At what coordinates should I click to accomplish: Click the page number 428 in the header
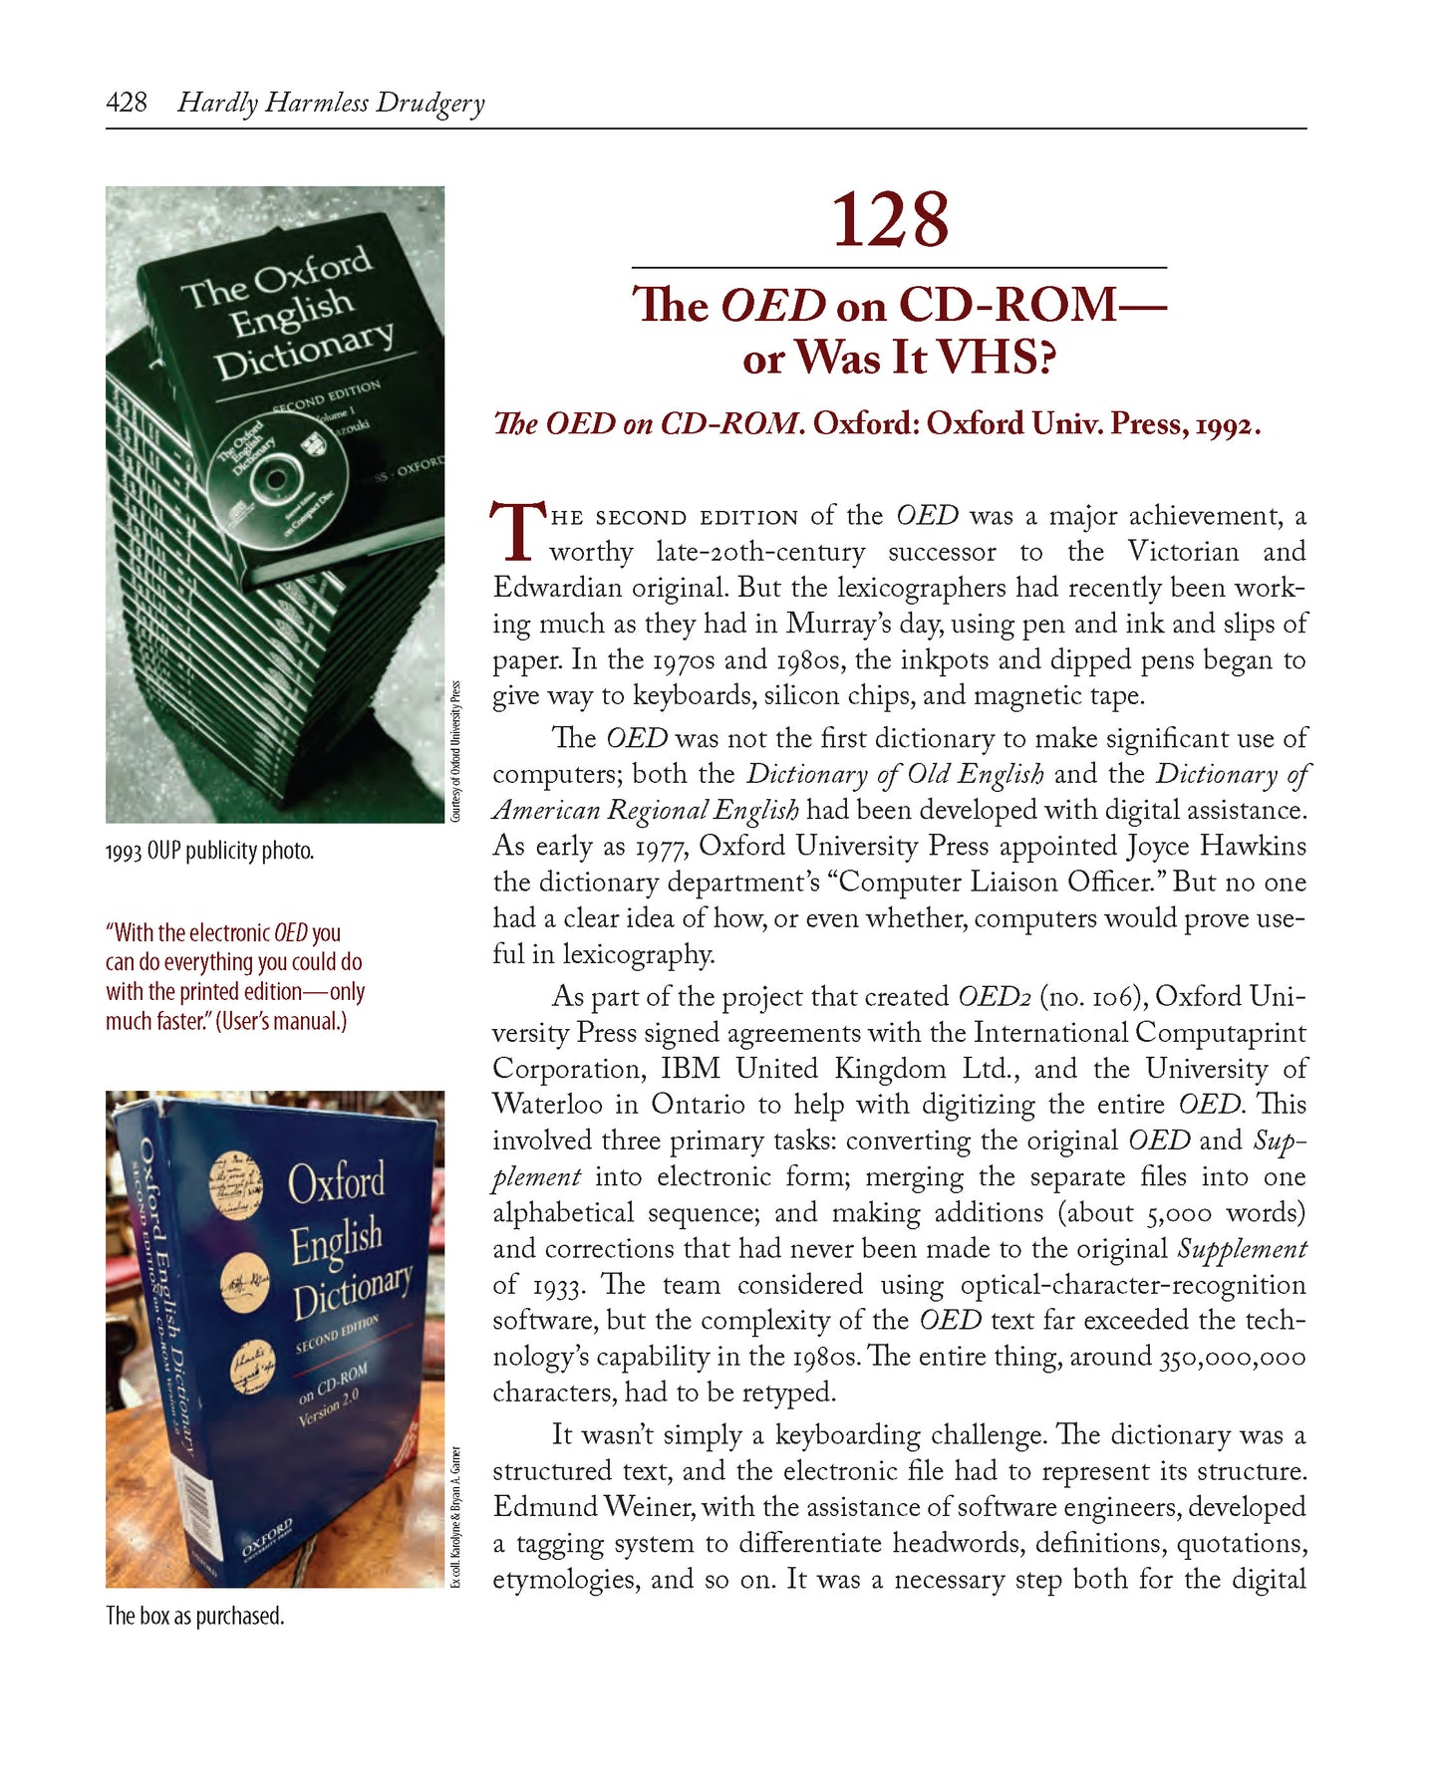127,103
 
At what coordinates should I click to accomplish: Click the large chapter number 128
889,220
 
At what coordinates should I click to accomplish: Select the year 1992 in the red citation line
1223,424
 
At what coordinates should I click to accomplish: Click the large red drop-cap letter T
517,532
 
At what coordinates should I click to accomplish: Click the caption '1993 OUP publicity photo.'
209,852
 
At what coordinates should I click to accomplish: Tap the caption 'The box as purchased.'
194,1616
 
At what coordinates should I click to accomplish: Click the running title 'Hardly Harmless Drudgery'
331,103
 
